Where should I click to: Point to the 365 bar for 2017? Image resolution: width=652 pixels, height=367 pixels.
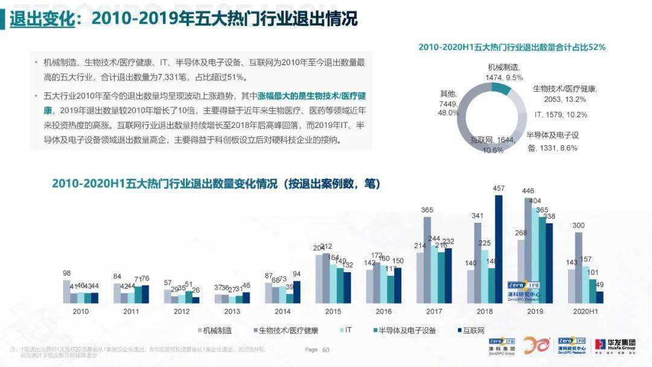[427, 260]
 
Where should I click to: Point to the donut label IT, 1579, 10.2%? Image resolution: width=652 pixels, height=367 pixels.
[560, 114]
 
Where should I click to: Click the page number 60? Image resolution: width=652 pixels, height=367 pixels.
[326, 349]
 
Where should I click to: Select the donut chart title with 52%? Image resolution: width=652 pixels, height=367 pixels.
[512, 46]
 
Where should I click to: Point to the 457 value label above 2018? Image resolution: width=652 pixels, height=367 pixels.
[499, 189]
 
